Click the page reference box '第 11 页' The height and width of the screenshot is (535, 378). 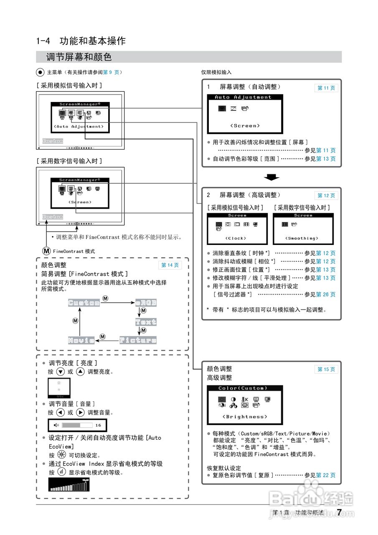(x=326, y=88)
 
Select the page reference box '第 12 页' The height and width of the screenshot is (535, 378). (x=326, y=196)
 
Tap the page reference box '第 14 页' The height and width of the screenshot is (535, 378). (x=170, y=265)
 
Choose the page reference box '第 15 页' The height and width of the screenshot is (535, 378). (x=326, y=369)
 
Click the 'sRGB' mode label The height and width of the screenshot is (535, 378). (x=146, y=303)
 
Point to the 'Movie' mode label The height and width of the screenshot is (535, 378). (x=81, y=340)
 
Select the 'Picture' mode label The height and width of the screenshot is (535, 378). (x=138, y=340)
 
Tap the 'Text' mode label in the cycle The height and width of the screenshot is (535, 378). (x=146, y=322)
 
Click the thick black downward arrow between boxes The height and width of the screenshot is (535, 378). (x=272, y=178)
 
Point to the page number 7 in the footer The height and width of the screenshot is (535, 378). (x=339, y=512)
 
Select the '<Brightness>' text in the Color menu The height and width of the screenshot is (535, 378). (x=245, y=417)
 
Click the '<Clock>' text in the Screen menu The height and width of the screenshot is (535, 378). (x=236, y=238)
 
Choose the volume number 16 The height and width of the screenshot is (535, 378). (x=98, y=425)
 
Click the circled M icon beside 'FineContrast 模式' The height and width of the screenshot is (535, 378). (x=46, y=251)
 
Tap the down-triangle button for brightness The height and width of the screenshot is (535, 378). (x=60, y=372)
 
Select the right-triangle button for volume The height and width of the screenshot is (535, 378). (x=81, y=412)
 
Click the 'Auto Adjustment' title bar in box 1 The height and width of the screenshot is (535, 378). (x=243, y=97)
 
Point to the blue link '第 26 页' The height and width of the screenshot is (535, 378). (x=326, y=295)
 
